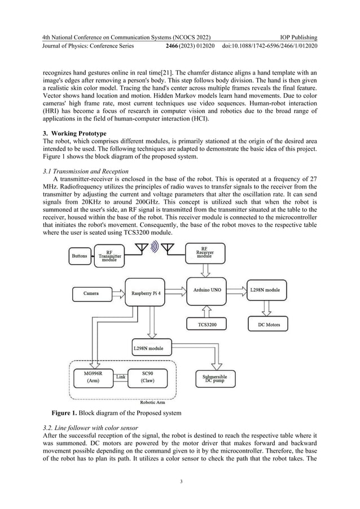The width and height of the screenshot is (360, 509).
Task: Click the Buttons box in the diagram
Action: [80, 256]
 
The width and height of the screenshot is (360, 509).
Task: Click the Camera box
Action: [91, 293]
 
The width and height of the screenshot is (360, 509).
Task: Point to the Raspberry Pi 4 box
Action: [148, 293]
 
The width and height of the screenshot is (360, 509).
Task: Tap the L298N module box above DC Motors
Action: [269, 289]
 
